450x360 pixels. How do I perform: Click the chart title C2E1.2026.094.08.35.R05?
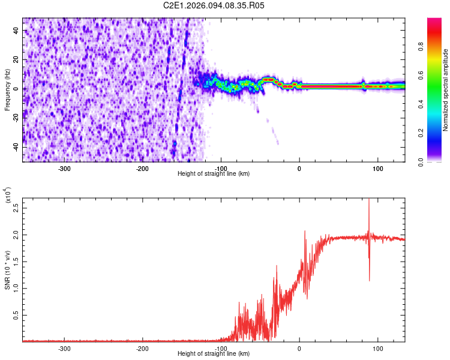(x=214, y=5)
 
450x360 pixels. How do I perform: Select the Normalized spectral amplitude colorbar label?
(x=446, y=90)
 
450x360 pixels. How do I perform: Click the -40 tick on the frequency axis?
(x=14, y=147)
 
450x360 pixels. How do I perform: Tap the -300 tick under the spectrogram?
(x=64, y=169)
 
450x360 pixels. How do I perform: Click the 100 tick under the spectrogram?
(x=377, y=169)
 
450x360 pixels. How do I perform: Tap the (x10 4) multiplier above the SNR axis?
(x=8, y=196)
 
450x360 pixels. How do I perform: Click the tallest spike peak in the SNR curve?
(x=368, y=200)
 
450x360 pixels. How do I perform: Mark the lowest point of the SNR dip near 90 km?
(x=369, y=280)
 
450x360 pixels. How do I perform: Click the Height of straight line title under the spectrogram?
(x=214, y=174)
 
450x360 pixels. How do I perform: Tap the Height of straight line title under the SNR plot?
(x=214, y=354)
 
